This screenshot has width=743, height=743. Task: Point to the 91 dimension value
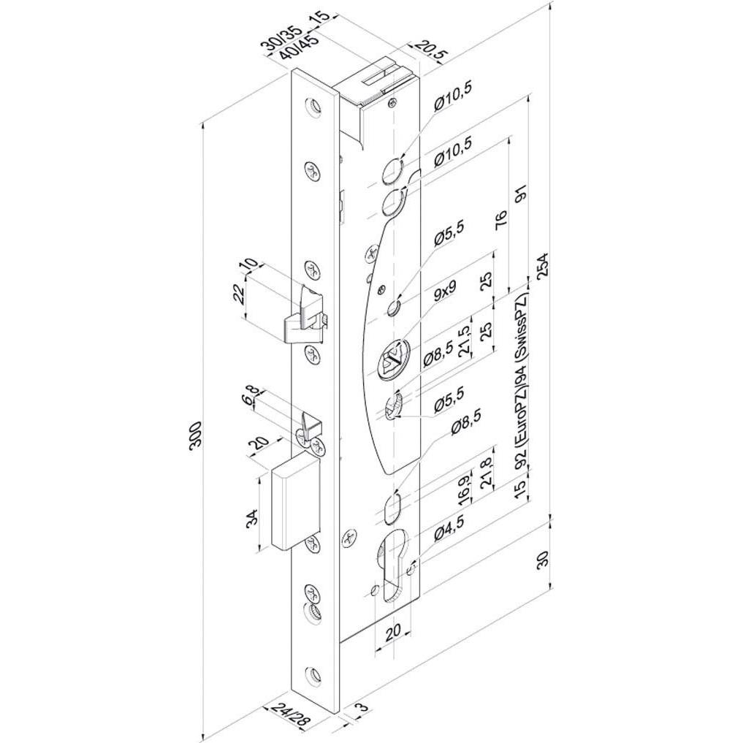[x=522, y=193]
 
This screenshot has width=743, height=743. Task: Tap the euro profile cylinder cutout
[x=392, y=566]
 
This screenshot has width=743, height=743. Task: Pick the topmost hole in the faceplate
[x=313, y=107]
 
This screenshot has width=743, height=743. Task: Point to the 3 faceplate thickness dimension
[x=363, y=708]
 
